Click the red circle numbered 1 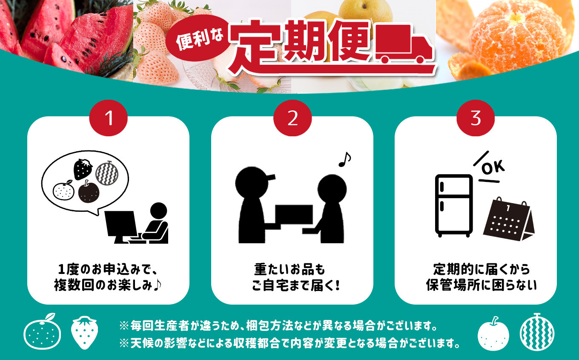108,118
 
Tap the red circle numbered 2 292,118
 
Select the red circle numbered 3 476,118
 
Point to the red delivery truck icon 404,44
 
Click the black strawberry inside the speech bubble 83,170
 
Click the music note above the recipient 344,159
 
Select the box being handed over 294,214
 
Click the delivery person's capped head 253,182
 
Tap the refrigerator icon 454,206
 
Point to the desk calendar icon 508,219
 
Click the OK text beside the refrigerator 493,167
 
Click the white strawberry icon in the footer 85,332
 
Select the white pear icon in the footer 493,334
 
